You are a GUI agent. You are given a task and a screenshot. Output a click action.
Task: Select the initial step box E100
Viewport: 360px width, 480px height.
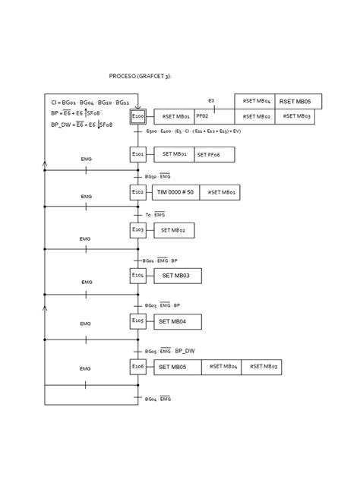coord(137,117)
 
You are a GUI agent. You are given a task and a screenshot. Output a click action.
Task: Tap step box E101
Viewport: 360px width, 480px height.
coord(137,154)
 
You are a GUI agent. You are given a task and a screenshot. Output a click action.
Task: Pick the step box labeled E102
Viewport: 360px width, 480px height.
coord(137,192)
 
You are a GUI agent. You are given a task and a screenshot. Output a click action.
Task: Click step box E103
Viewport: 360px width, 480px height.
coord(137,229)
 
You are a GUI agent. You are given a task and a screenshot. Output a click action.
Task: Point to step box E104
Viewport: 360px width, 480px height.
coord(137,275)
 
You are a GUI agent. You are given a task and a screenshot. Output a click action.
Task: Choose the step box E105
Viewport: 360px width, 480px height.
coord(137,321)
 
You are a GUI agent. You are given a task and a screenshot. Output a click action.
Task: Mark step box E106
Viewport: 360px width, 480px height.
coord(137,367)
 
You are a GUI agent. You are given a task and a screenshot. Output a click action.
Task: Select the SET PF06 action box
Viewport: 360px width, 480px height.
coord(214,155)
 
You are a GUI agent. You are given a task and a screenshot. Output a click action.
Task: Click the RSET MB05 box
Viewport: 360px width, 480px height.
coord(297,101)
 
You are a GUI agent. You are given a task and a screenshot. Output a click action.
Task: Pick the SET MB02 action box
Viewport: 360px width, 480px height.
coord(172,229)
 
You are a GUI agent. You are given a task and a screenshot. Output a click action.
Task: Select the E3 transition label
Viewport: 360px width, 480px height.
coord(211,100)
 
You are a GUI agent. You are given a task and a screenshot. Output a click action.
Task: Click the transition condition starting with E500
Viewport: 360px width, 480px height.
coord(191,132)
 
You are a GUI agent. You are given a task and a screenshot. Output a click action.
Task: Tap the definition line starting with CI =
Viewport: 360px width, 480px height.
coord(90,102)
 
